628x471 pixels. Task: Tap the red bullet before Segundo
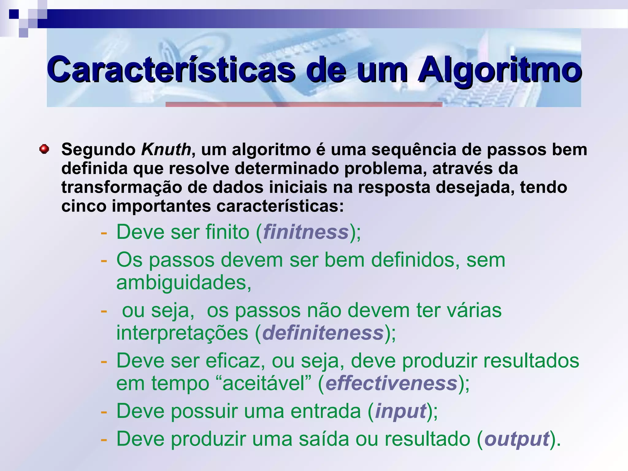click(x=44, y=149)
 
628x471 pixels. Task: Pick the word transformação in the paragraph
click(x=122, y=187)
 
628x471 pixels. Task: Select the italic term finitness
click(x=306, y=232)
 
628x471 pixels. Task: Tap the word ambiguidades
click(x=183, y=282)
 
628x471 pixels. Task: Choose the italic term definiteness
click(x=323, y=333)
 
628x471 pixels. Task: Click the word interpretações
click(x=182, y=333)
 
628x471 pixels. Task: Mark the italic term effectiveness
click(x=392, y=383)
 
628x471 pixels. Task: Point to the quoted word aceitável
click(x=263, y=383)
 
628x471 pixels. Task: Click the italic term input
click(x=400, y=411)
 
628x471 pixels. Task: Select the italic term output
click(x=516, y=439)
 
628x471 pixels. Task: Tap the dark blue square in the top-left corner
click(x=14, y=14)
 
